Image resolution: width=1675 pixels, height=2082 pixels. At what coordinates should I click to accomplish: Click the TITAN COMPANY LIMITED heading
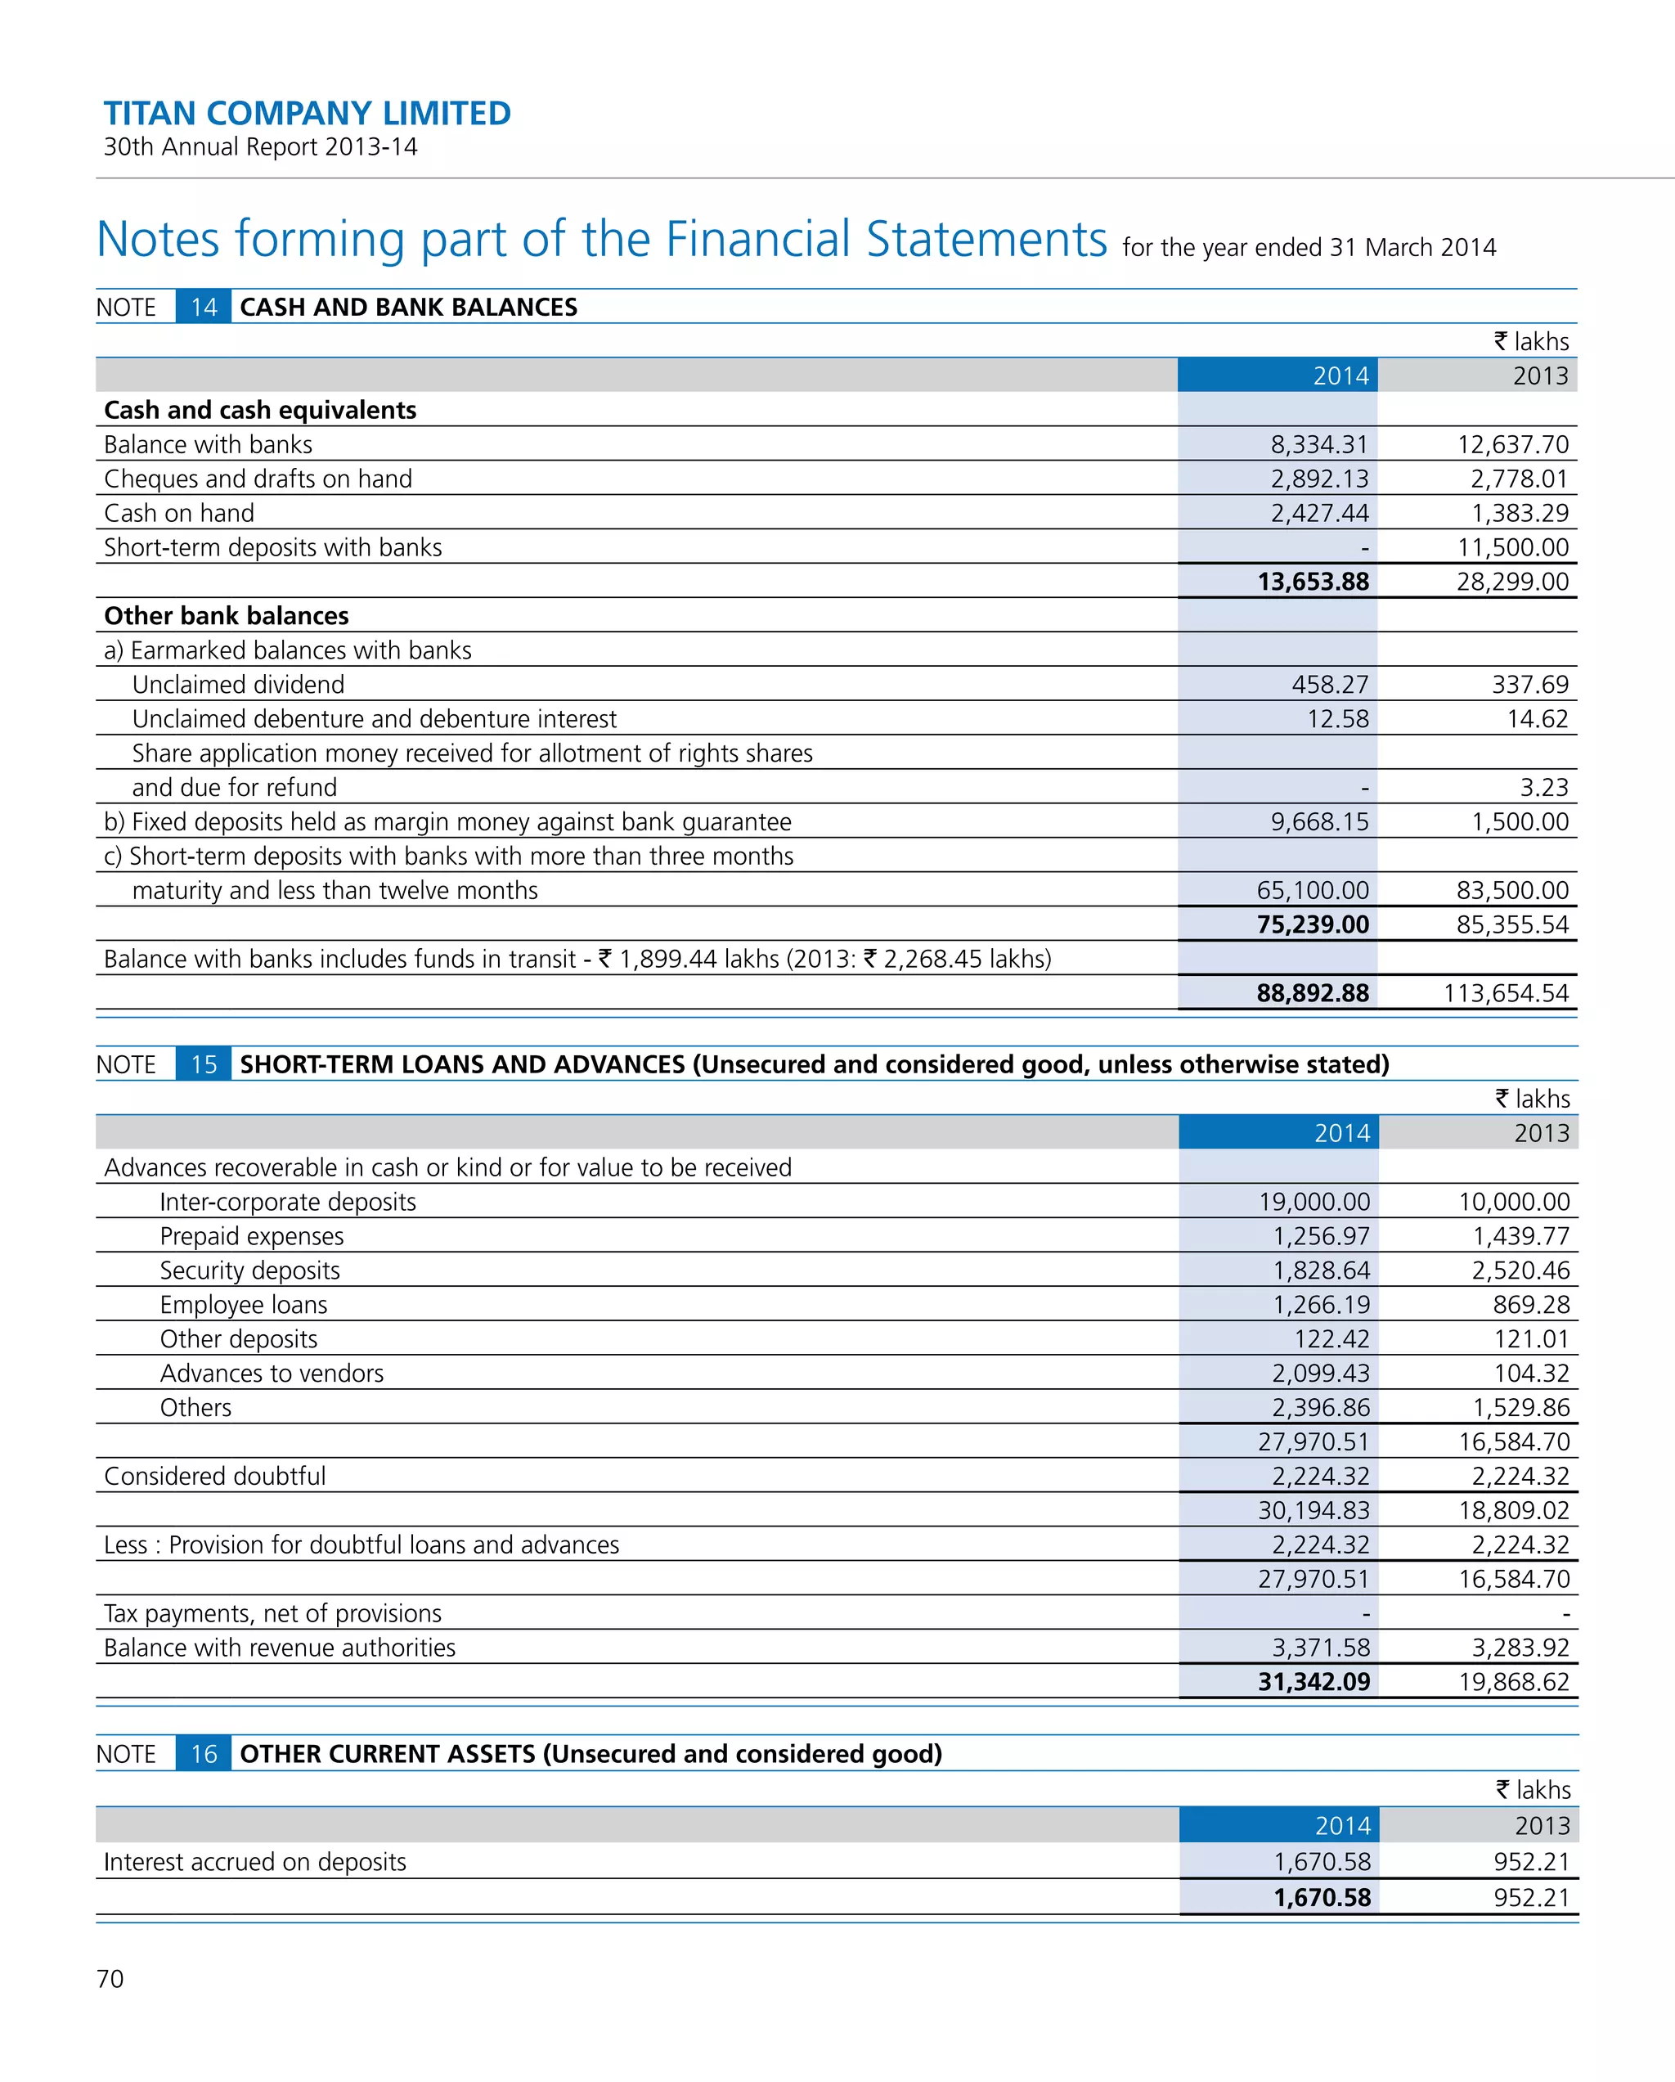307,114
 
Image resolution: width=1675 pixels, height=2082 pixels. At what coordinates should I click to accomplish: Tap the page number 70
110,1979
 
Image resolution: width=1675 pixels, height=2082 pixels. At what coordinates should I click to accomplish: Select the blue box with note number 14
204,307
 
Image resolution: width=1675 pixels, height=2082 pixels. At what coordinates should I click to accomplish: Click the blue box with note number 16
204,1754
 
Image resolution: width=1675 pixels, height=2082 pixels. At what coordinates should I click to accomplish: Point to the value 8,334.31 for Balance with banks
1318,444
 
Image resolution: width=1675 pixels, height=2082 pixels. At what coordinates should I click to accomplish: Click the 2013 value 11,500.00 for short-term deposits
1513,547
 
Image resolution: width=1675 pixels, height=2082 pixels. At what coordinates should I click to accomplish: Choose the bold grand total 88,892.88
1312,992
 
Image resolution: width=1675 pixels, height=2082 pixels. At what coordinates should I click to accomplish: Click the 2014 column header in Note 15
1342,1133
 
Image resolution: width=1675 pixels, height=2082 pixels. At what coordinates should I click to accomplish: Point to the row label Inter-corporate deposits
288,1201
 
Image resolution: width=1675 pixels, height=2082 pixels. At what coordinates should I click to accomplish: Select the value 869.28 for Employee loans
1531,1305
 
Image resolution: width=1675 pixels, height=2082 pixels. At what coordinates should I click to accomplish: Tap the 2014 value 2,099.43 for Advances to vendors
1321,1374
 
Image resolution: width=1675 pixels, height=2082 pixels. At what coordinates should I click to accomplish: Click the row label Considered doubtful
214,1476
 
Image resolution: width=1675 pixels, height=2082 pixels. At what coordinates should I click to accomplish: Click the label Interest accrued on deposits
255,1862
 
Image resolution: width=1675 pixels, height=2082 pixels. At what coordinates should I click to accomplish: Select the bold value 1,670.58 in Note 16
1322,1898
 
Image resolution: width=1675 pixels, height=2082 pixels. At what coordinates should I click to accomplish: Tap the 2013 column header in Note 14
1540,375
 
